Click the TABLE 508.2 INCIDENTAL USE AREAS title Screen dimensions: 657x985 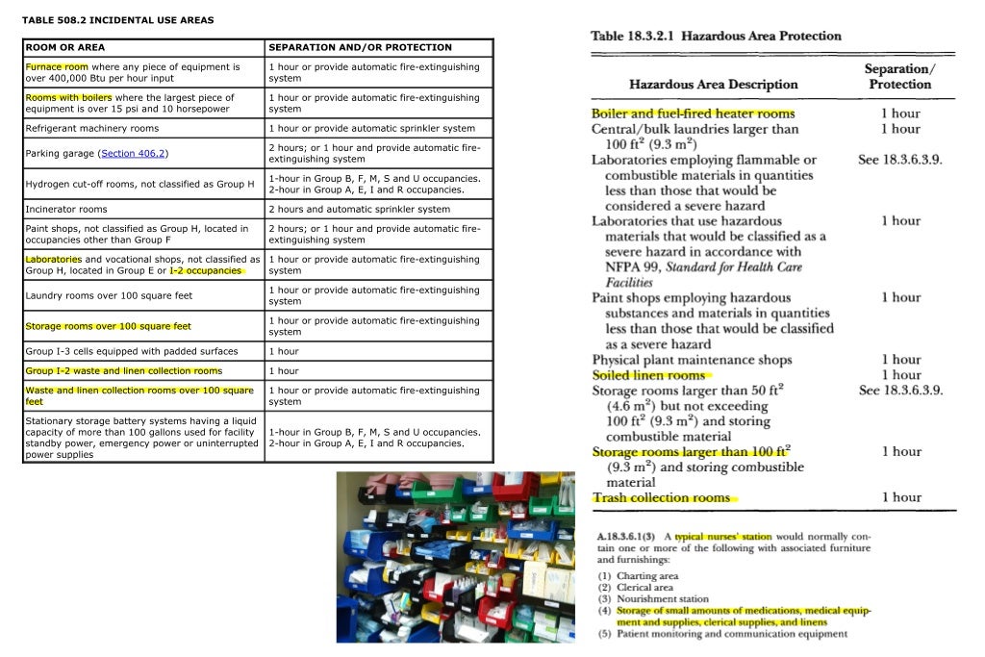[x=117, y=20]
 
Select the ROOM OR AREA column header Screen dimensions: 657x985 [x=65, y=47]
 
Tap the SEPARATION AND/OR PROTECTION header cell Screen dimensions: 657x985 [x=360, y=47]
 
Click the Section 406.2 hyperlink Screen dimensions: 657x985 [x=133, y=154]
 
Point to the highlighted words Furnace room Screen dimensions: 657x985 [x=57, y=67]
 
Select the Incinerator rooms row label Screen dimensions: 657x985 [x=66, y=209]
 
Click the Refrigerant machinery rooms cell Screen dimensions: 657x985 [x=92, y=128]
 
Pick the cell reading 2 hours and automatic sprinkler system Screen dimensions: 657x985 [x=359, y=209]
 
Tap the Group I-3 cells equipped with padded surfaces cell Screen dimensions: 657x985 [x=132, y=351]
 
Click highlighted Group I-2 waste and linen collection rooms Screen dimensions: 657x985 [x=123, y=370]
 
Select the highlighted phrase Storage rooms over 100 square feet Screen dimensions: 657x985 [x=108, y=326]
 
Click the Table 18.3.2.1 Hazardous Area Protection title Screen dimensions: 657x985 [x=716, y=37]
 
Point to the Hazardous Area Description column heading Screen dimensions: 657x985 [x=713, y=85]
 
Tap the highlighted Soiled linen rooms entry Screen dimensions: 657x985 [x=648, y=375]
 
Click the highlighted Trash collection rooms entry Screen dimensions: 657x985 [x=661, y=497]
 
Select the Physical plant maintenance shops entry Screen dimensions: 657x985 [x=692, y=360]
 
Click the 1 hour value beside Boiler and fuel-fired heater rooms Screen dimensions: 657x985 [x=900, y=114]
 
